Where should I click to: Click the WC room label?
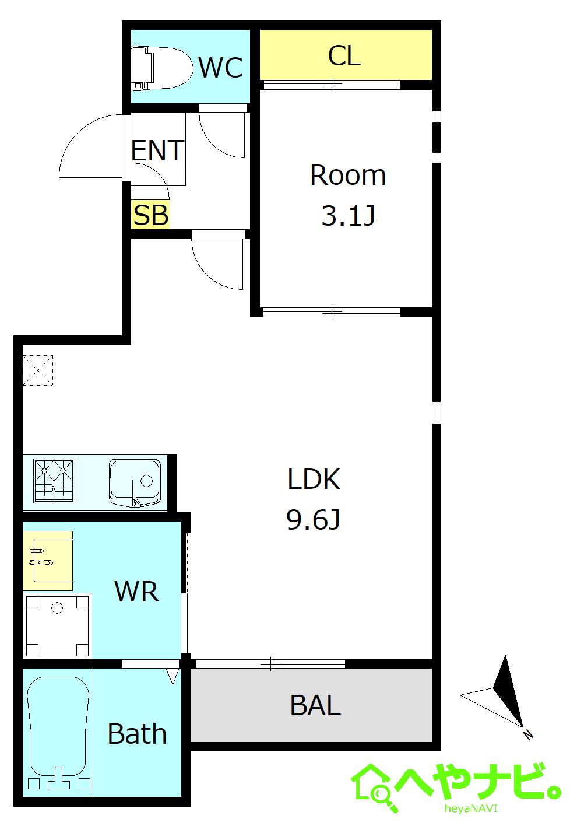point(221,68)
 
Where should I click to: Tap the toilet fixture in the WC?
point(162,68)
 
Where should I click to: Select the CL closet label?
point(344,55)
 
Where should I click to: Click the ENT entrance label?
point(158,150)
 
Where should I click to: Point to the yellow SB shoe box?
point(151,215)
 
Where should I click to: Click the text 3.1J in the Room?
point(348,216)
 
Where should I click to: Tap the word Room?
point(348,175)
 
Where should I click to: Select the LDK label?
point(314,479)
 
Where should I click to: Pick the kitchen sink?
point(135,483)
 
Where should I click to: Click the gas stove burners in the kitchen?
point(54,481)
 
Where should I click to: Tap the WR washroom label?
point(137,591)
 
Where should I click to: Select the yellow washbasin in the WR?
point(48,561)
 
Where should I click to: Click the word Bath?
point(137,734)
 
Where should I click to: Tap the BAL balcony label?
point(315,705)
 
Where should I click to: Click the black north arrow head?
point(508,693)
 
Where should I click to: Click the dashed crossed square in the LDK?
point(38,370)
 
